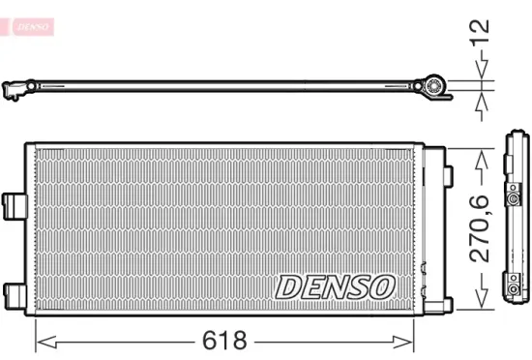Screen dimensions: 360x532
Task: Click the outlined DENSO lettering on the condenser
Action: pos(336,286)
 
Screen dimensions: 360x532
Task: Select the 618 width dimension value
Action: pos(225,341)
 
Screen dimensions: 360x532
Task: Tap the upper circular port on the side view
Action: pos(513,192)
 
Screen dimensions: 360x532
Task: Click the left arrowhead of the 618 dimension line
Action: pos(41,341)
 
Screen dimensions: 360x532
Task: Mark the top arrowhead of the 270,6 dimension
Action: pos(481,154)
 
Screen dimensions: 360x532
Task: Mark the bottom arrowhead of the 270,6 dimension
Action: pos(481,303)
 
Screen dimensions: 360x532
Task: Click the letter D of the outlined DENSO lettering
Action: pos(289,286)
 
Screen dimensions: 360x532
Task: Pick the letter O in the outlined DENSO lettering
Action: pos(382,286)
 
